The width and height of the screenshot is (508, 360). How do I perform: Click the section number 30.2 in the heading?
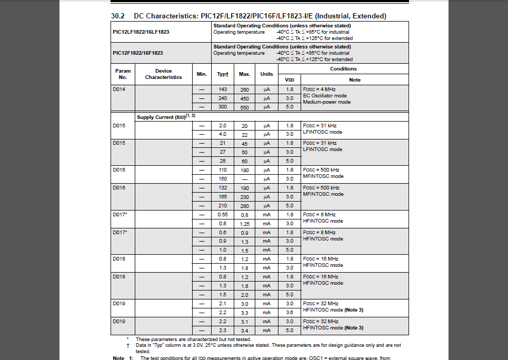tap(118, 16)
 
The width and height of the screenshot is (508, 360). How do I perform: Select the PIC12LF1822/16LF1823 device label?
tap(141, 32)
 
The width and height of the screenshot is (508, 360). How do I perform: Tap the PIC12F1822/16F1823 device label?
tap(138, 53)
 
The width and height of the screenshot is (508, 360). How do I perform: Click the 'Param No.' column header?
tap(123, 74)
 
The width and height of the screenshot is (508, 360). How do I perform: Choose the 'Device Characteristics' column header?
tap(164, 74)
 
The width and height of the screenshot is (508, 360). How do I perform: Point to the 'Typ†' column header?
tap(223, 74)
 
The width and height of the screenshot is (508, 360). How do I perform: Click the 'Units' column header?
tap(267, 74)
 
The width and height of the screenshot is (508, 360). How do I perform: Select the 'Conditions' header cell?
tap(343, 69)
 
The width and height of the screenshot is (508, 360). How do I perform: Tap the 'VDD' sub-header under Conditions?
tap(290, 80)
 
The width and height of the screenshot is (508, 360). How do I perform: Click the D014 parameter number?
tap(119, 89)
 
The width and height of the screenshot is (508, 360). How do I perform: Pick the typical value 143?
tap(223, 89)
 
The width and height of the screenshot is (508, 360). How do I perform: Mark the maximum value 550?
tap(245, 107)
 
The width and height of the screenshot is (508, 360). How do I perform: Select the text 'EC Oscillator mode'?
tap(325, 96)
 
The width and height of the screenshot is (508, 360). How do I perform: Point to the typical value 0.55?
tap(223, 215)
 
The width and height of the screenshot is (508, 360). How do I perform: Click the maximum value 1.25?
tap(245, 224)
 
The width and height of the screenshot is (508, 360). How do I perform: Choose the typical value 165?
tap(223, 197)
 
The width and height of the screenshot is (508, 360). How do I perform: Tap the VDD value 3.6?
tap(290, 313)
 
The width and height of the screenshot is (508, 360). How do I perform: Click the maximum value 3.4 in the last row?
tap(245, 331)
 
